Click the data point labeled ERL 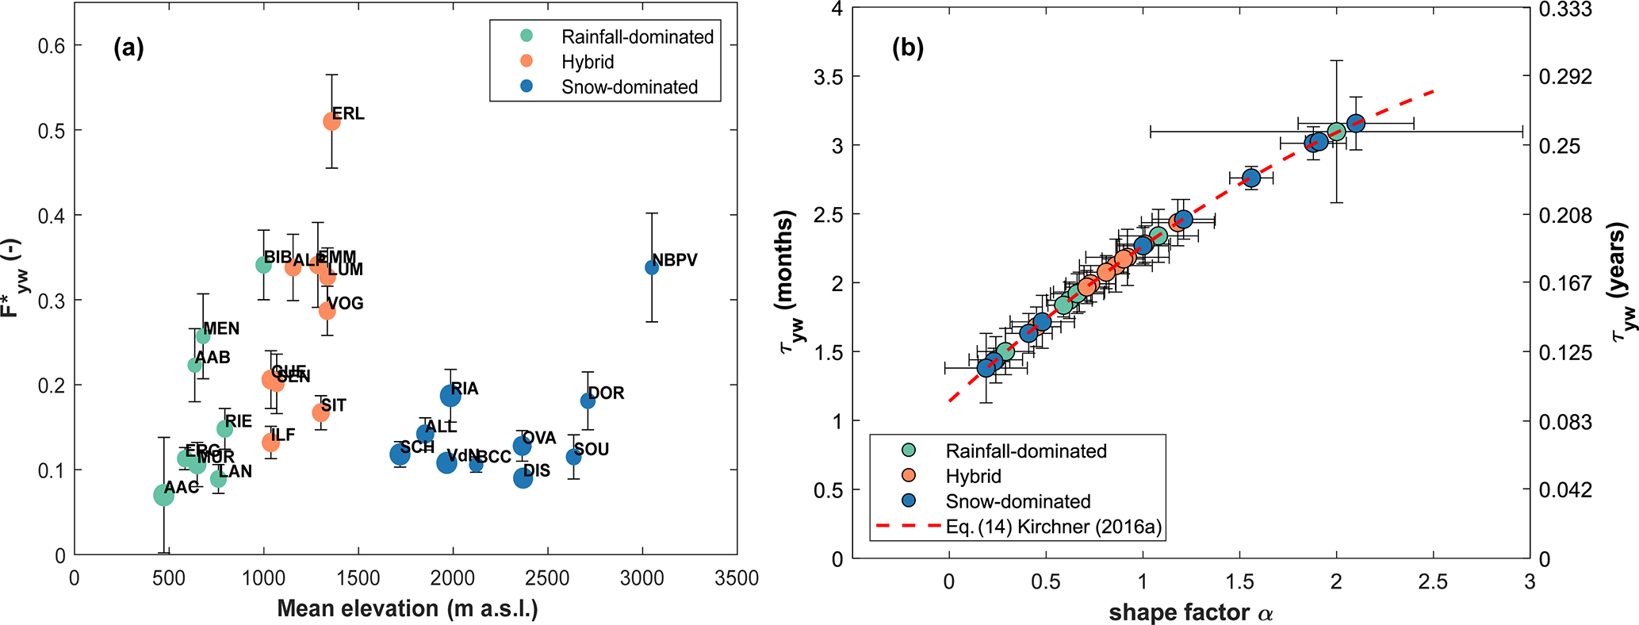click(331, 121)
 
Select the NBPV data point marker click(652, 267)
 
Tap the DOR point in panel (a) click(588, 401)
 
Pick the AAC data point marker click(163, 496)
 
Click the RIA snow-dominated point click(450, 396)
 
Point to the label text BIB click(278, 257)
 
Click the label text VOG click(346, 303)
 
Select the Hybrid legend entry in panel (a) click(588, 62)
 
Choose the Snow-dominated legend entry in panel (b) click(1017, 501)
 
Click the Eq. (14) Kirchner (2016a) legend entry click(1054, 527)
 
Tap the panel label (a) click(128, 48)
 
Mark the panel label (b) click(908, 48)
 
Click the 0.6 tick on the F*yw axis click(51, 45)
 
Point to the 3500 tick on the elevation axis click(737, 579)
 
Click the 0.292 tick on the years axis click(1564, 77)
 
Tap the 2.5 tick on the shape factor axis click(1433, 582)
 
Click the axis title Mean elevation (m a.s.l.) click(408, 608)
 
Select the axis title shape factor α click(1190, 612)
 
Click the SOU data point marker click(573, 457)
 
